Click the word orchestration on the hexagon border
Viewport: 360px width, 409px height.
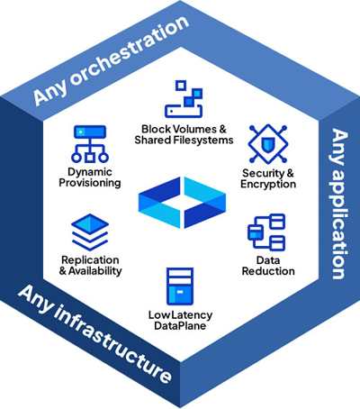[129, 51]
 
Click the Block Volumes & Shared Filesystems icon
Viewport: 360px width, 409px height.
[184, 99]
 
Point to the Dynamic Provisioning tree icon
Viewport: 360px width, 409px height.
[90, 144]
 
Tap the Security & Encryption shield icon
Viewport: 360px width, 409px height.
[268, 144]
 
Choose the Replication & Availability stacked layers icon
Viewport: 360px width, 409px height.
[90, 232]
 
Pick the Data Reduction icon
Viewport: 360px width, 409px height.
[266, 232]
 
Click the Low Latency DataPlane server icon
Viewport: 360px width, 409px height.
[180, 286]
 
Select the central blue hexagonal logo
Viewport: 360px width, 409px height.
[182, 203]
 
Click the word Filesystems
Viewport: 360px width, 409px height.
[202, 140]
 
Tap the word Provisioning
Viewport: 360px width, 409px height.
[90, 183]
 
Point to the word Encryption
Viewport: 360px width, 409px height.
[268, 184]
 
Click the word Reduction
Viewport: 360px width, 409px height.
[268, 271]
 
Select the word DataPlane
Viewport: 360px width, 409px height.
[180, 326]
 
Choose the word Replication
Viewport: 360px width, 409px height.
[90, 260]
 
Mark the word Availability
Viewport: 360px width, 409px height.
[94, 271]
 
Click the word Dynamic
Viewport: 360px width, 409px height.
[90, 172]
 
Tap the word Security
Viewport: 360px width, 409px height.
[263, 173]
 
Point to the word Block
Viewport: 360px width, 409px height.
[157, 129]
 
